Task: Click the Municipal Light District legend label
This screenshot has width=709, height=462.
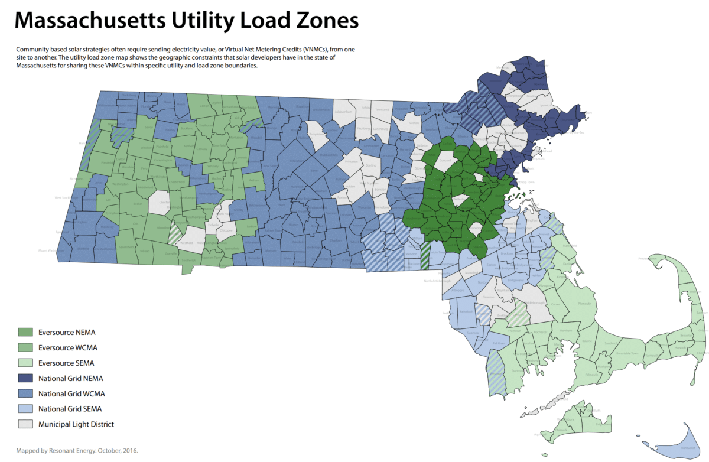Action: (x=76, y=424)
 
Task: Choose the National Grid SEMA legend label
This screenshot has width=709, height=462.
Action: (x=67, y=408)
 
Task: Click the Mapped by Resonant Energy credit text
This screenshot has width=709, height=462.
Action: (x=77, y=450)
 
